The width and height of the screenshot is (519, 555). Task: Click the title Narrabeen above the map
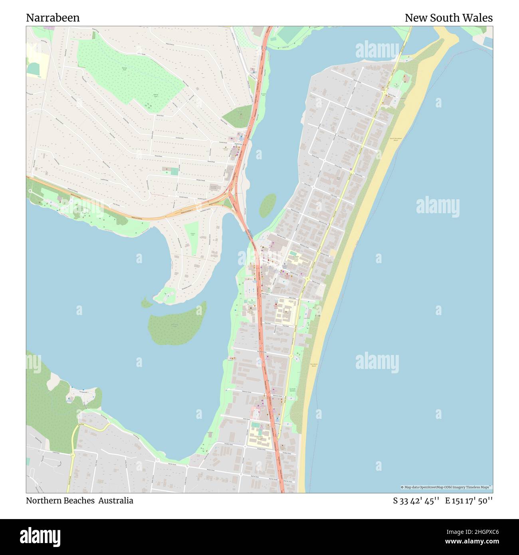53,18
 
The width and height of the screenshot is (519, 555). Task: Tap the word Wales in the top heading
479,18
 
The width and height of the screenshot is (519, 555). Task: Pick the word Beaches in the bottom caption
79,501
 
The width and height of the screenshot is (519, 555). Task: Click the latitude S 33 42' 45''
416,501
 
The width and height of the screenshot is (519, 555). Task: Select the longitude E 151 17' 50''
469,501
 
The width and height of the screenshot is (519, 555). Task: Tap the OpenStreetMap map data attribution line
446,487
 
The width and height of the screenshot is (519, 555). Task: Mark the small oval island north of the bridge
267,205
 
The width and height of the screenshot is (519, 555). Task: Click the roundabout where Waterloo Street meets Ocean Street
308,278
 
